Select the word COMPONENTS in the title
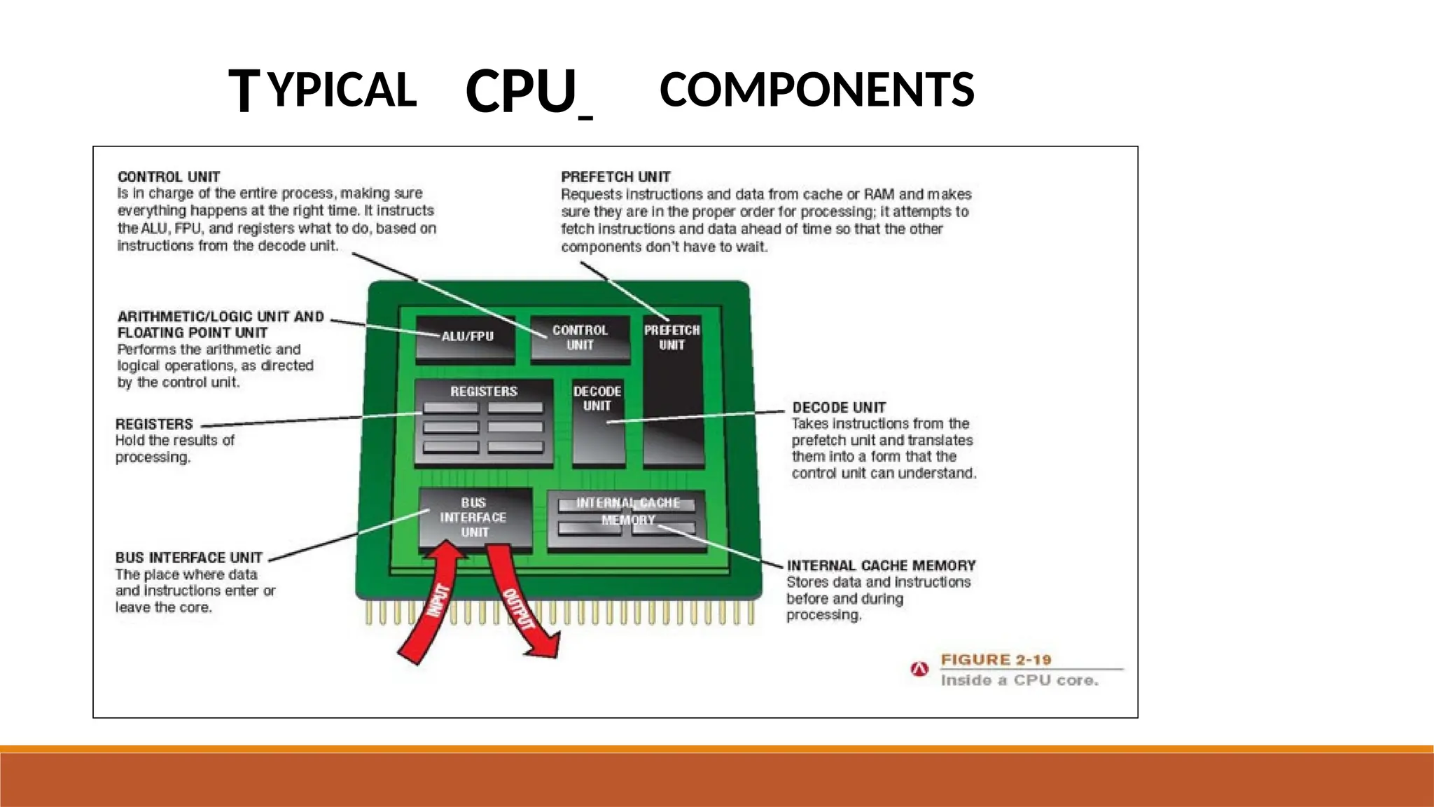click(x=816, y=90)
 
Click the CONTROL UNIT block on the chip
click(x=580, y=338)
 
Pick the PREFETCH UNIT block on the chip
click(x=672, y=392)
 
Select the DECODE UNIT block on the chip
click(x=597, y=420)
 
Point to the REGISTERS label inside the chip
click(x=484, y=392)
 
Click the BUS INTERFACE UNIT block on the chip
click(x=474, y=518)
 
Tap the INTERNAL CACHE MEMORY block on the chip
click(x=627, y=520)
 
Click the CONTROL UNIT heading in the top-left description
click(x=169, y=177)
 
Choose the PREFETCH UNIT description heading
click(x=615, y=177)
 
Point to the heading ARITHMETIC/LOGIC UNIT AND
click(x=221, y=317)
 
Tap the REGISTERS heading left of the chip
click(x=154, y=425)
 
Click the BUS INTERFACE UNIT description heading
click(x=189, y=558)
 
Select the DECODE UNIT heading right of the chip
click(x=839, y=408)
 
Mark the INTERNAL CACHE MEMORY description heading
click(x=881, y=565)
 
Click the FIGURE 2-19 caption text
click(x=996, y=660)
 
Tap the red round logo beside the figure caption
click(x=919, y=670)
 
